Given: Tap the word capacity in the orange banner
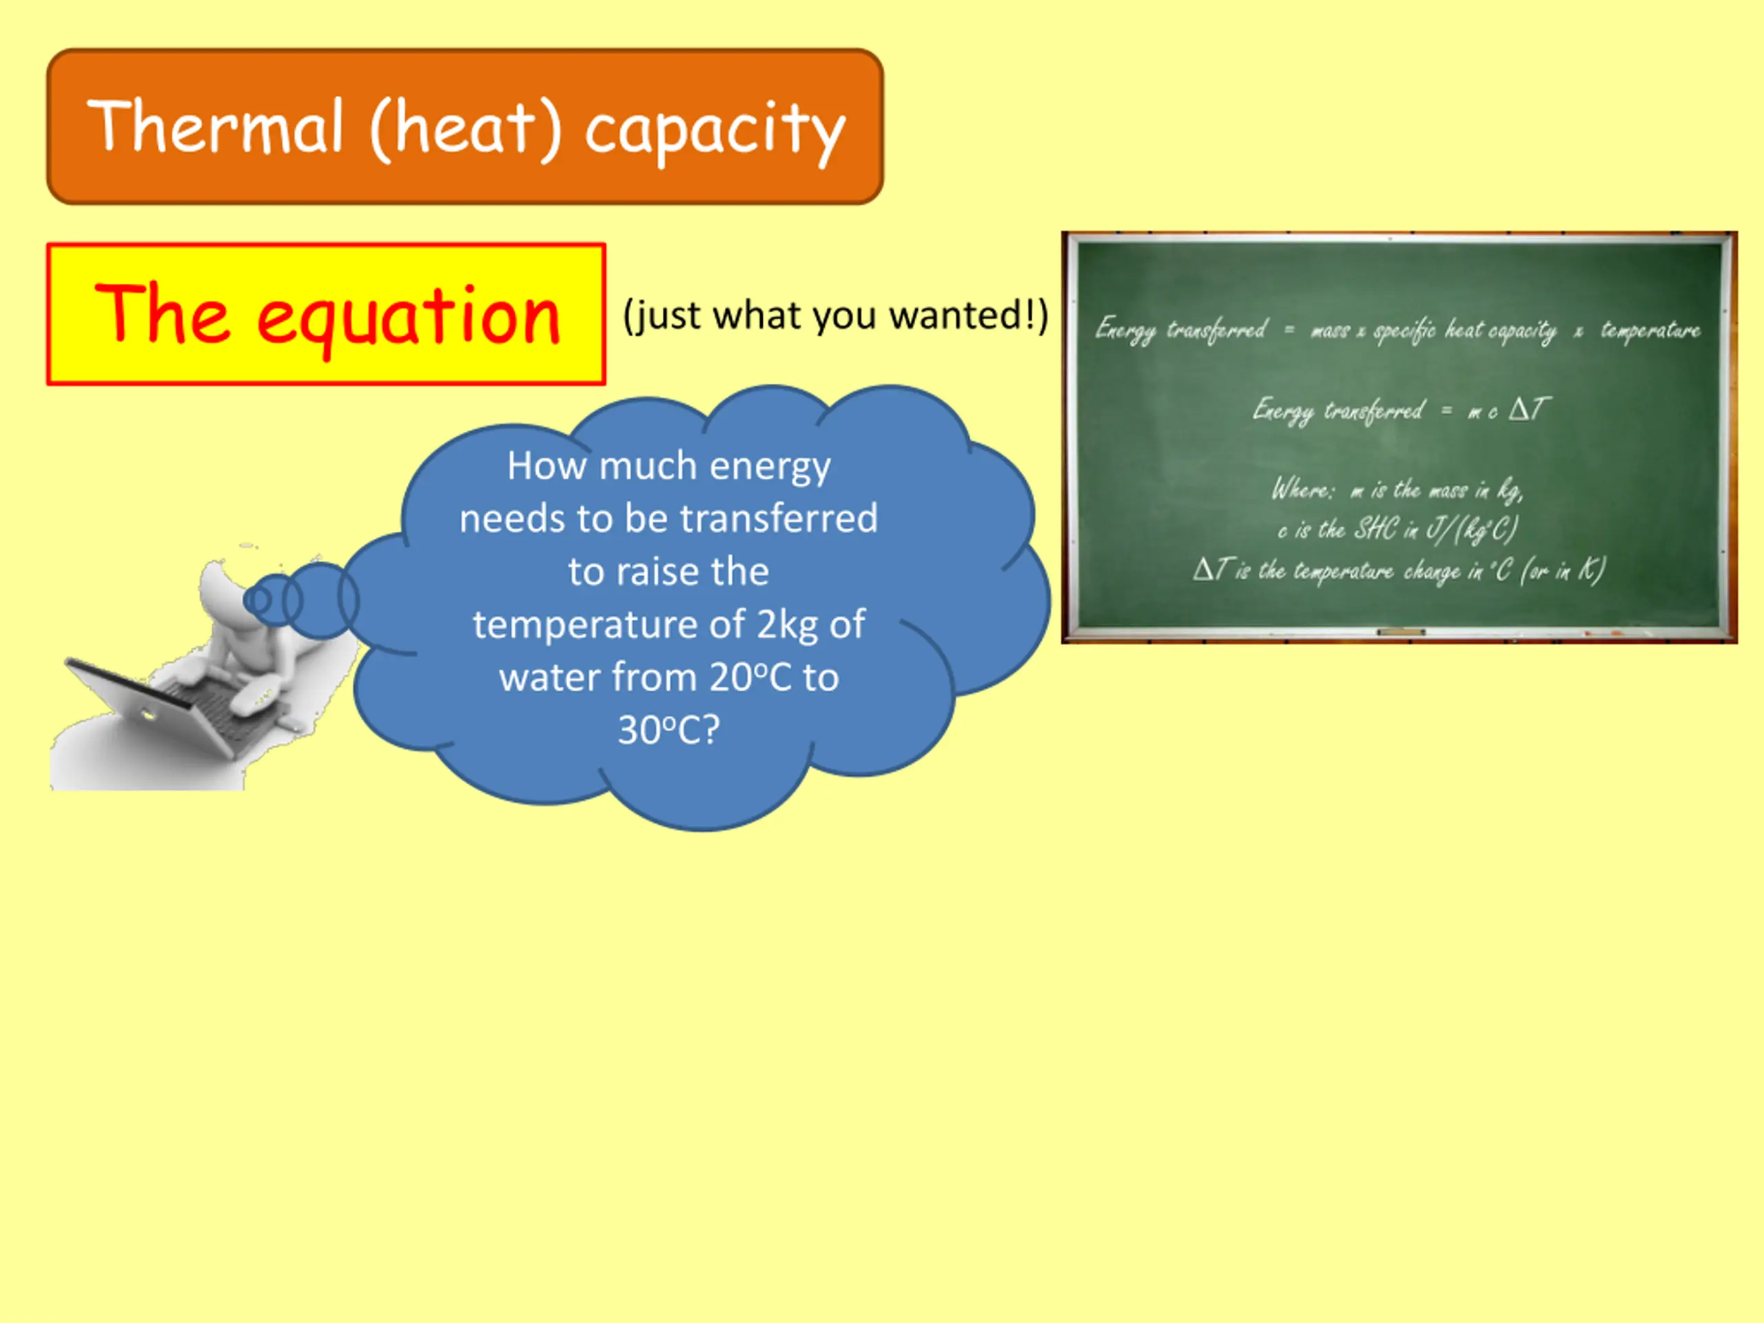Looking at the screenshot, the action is (715, 132).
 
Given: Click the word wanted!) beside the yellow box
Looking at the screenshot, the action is (969, 315).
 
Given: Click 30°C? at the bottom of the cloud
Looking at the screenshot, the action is (669, 729).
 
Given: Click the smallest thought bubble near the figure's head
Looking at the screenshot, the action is (258, 599).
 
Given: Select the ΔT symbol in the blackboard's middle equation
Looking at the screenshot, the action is (1529, 409).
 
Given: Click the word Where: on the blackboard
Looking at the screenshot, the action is (1302, 488).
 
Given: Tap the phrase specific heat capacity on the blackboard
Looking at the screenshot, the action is (1465, 330).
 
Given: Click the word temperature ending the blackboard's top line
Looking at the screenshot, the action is (1650, 330).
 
